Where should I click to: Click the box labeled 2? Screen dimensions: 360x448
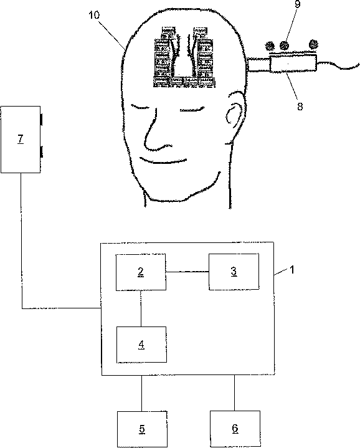tap(141, 272)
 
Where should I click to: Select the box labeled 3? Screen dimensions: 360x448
tap(234, 272)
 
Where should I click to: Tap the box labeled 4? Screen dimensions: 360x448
tap(141, 345)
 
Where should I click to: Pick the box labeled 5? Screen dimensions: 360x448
tap(142, 429)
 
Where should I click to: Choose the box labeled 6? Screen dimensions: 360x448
tap(235, 429)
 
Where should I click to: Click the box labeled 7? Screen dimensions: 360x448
tap(21, 140)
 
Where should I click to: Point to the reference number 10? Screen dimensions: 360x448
tap(94, 15)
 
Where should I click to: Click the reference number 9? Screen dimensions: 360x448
tap(297, 4)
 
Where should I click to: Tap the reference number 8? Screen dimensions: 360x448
tap(300, 107)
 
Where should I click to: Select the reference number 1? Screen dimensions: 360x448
tap(291, 269)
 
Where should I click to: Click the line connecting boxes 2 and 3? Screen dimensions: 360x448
tap(187, 272)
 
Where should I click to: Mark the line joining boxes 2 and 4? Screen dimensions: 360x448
tap(141, 308)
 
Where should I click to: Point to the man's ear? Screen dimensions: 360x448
tap(235, 110)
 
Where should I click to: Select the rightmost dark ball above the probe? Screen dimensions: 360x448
tap(313, 44)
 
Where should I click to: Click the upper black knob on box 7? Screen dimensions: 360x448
tap(42, 120)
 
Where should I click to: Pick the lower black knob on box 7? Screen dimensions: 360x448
tap(42, 151)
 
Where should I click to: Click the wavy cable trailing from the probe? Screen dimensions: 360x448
tap(338, 65)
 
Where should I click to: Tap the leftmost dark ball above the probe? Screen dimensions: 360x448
tap(270, 45)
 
